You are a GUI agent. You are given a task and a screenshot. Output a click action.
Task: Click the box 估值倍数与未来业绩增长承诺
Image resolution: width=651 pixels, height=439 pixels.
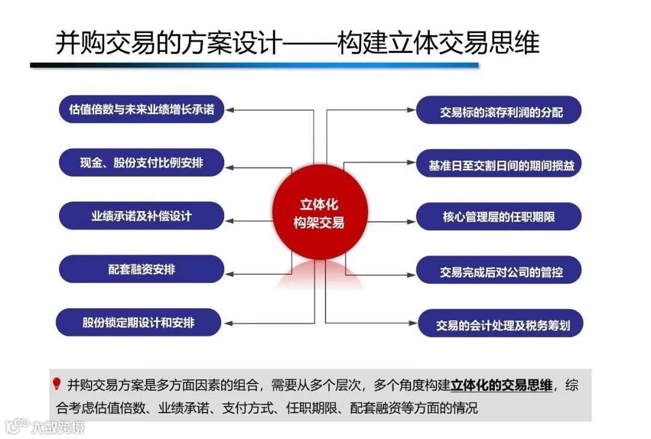142,110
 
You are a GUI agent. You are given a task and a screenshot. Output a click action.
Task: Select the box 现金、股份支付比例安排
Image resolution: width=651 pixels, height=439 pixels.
142,163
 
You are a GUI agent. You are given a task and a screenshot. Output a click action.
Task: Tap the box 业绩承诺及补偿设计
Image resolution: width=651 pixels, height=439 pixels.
142,216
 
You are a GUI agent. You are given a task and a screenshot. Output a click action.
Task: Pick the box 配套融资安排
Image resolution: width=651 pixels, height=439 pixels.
142,270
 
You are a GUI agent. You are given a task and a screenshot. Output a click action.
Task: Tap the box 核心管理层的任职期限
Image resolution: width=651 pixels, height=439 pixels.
499,217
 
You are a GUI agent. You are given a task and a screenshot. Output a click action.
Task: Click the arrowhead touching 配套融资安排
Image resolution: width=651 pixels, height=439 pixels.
230,273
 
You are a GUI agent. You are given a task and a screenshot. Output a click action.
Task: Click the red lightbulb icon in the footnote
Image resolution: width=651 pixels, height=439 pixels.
57,384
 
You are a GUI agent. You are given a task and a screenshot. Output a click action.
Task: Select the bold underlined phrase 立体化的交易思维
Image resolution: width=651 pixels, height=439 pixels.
501,385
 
